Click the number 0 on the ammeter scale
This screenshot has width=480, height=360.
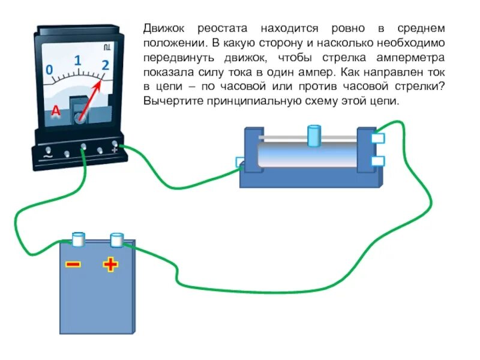pyautogui.click(x=49, y=70)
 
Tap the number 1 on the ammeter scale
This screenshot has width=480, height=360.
pyautogui.click(x=77, y=61)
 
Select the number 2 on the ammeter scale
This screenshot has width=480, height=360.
pyautogui.click(x=106, y=66)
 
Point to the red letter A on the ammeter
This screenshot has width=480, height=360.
pyautogui.click(x=56, y=111)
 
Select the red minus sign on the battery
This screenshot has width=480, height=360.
pyautogui.click(x=73, y=264)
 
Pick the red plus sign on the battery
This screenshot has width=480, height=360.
pyautogui.click(x=110, y=264)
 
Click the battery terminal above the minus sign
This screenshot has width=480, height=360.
pyautogui.click(x=78, y=238)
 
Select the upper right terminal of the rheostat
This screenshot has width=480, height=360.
pyautogui.click(x=378, y=139)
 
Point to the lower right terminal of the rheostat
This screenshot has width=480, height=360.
pyautogui.click(x=378, y=161)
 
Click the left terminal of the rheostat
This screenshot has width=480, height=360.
pyautogui.click(x=241, y=161)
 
